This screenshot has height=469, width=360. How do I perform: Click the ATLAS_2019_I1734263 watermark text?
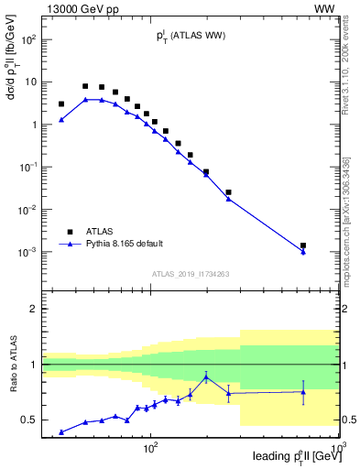(x=191, y=273)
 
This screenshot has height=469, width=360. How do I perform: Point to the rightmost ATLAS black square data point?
(x=303, y=245)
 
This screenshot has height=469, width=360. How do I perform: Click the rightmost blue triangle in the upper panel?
(x=303, y=252)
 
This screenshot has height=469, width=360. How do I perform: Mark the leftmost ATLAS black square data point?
(x=61, y=104)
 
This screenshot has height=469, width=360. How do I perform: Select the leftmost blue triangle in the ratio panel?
(x=61, y=431)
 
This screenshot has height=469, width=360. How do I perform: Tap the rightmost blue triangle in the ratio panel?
(x=303, y=392)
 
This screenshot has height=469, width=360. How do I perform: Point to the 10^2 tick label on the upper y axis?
(x=27, y=39)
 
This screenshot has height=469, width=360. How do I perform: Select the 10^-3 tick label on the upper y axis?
(x=27, y=252)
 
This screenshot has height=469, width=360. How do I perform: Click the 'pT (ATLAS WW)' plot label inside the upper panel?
(x=190, y=36)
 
